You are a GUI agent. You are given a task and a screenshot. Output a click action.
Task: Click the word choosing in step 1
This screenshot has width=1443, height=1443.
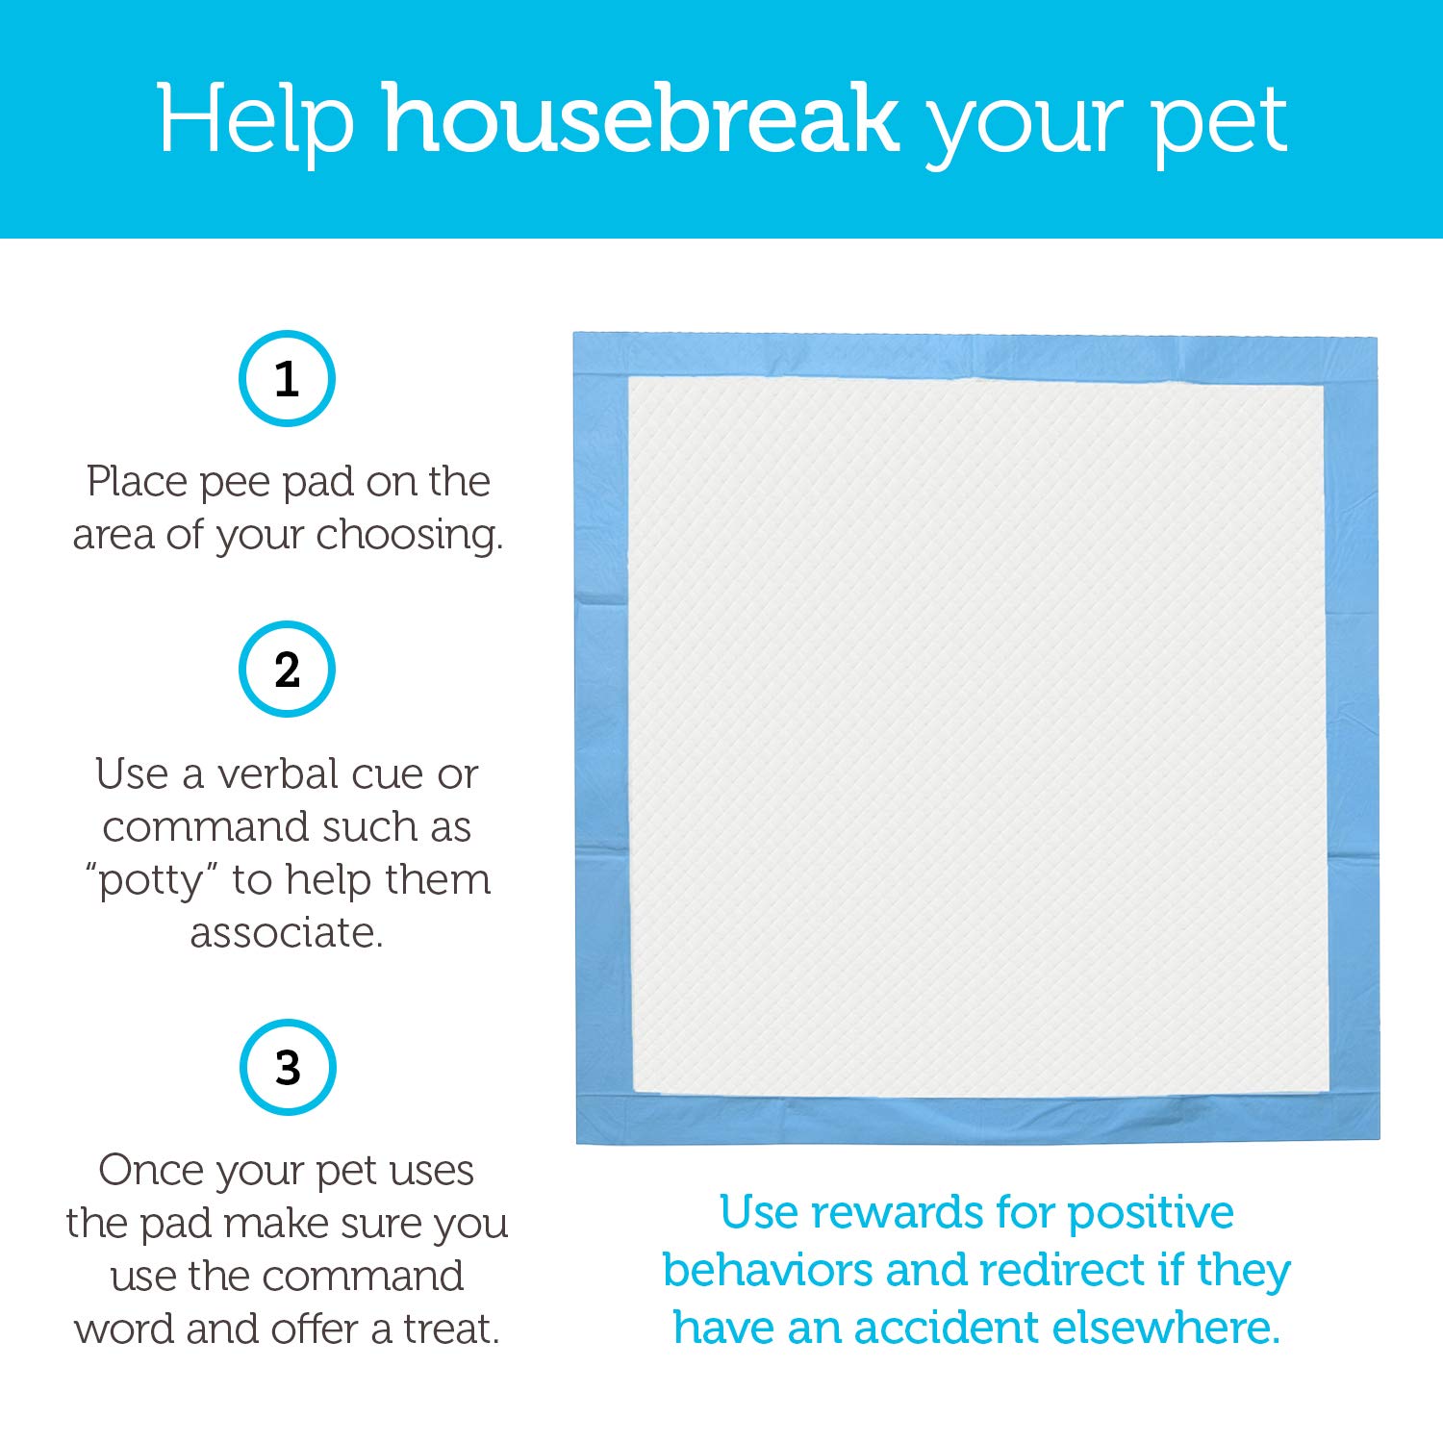(410, 535)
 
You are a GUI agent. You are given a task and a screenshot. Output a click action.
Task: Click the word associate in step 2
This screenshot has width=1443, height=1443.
(287, 932)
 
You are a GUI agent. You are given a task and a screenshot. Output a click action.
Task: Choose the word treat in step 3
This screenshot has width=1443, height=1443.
(451, 1329)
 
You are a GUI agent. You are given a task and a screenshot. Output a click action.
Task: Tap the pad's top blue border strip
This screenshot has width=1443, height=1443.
(975, 355)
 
